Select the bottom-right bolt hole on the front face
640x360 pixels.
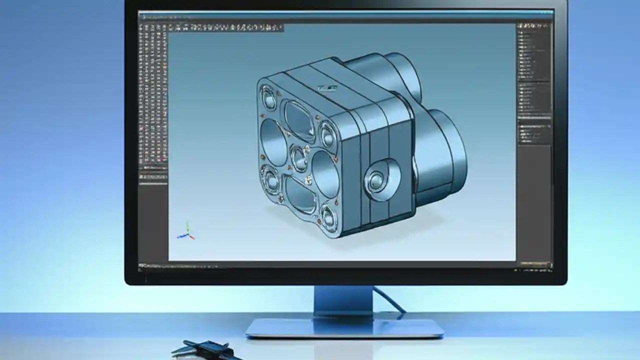pyautogui.click(x=329, y=216)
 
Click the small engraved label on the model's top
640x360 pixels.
pyautogui.click(x=327, y=89)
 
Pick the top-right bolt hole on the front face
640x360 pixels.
pyautogui.click(x=327, y=134)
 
